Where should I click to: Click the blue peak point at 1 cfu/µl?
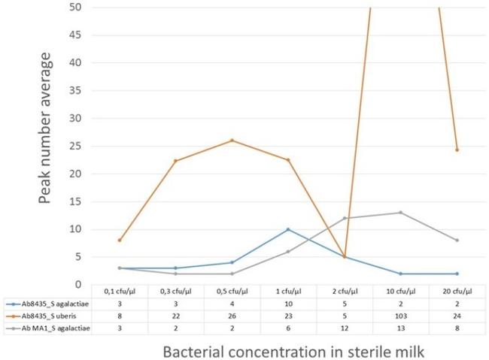[x=288, y=229]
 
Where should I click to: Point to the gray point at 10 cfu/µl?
[x=400, y=213]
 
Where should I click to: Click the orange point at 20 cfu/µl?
[x=457, y=150]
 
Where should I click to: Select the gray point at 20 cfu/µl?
[x=457, y=241]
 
